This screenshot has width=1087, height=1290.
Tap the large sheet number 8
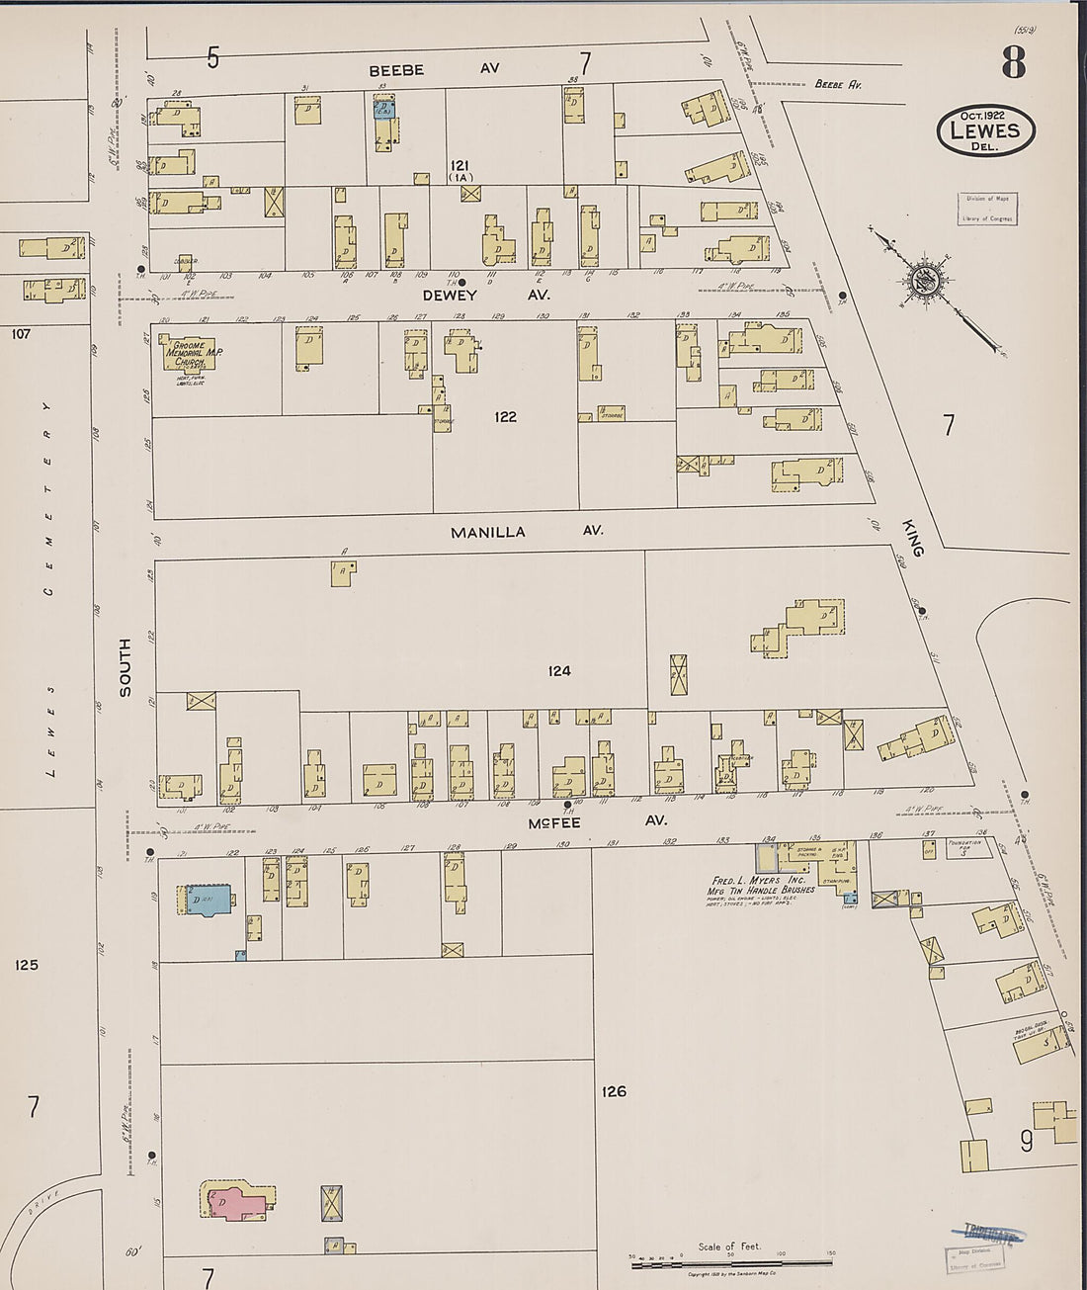pyautogui.click(x=1013, y=63)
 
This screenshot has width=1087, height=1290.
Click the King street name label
pyautogui.click(x=914, y=538)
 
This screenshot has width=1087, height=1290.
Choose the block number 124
pyautogui.click(x=559, y=671)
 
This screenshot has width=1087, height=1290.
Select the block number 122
pyautogui.click(x=505, y=417)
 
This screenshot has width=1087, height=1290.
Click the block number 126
pyautogui.click(x=614, y=1091)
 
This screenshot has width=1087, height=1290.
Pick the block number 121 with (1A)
pyautogui.click(x=461, y=169)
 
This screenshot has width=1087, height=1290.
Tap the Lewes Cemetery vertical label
pyautogui.click(x=48, y=583)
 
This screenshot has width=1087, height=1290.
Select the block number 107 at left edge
pyautogui.click(x=21, y=334)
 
